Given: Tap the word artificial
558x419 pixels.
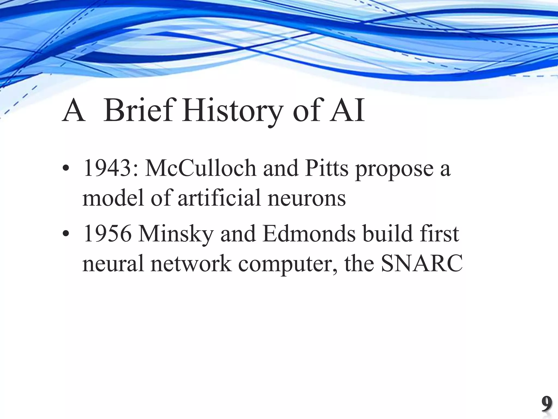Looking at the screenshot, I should click(x=220, y=198).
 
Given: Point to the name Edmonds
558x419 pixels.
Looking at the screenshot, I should click(x=309, y=234).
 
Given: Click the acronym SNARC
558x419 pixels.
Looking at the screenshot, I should click(x=422, y=264).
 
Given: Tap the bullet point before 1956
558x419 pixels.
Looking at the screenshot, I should click(x=65, y=235).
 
